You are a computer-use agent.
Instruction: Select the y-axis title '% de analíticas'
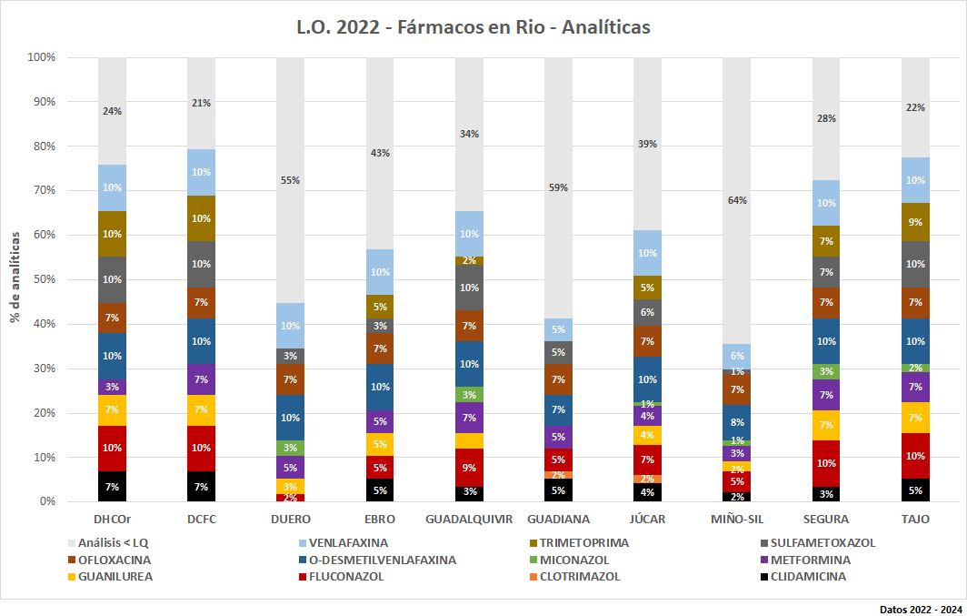pyautogui.click(x=15, y=278)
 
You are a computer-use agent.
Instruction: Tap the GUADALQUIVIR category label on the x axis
pyautogui.click(x=469, y=520)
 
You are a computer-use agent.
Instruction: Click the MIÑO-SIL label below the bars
pyautogui.click(x=737, y=520)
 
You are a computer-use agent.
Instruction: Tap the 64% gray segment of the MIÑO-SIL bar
pyautogui.click(x=736, y=200)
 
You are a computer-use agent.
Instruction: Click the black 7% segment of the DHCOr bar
pyautogui.click(x=112, y=487)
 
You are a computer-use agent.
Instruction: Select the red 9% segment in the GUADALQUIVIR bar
pyautogui.click(x=469, y=468)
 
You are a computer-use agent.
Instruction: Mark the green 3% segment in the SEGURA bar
pyautogui.click(x=826, y=371)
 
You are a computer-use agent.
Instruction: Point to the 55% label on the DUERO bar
pyautogui.click(x=290, y=180)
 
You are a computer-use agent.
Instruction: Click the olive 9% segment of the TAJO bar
pyautogui.click(x=915, y=222)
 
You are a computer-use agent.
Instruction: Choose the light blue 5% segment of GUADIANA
pyautogui.click(x=558, y=329)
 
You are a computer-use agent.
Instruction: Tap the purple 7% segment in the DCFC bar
pyautogui.click(x=201, y=379)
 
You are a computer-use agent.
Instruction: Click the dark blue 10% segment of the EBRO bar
pyautogui.click(x=380, y=387)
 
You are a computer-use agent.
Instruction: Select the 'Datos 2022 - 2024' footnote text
pyautogui.click(x=920, y=608)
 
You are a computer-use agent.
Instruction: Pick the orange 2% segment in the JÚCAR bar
pyautogui.click(x=647, y=479)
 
